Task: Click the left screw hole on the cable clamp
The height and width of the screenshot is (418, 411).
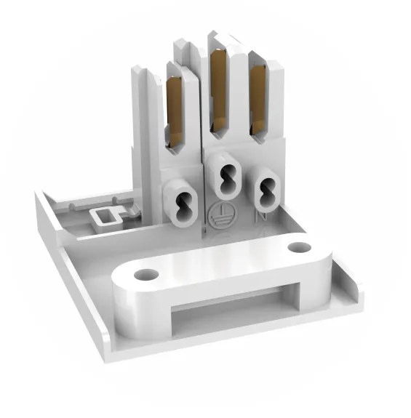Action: [x=145, y=275]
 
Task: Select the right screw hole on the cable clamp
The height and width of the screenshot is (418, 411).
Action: [x=299, y=247]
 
